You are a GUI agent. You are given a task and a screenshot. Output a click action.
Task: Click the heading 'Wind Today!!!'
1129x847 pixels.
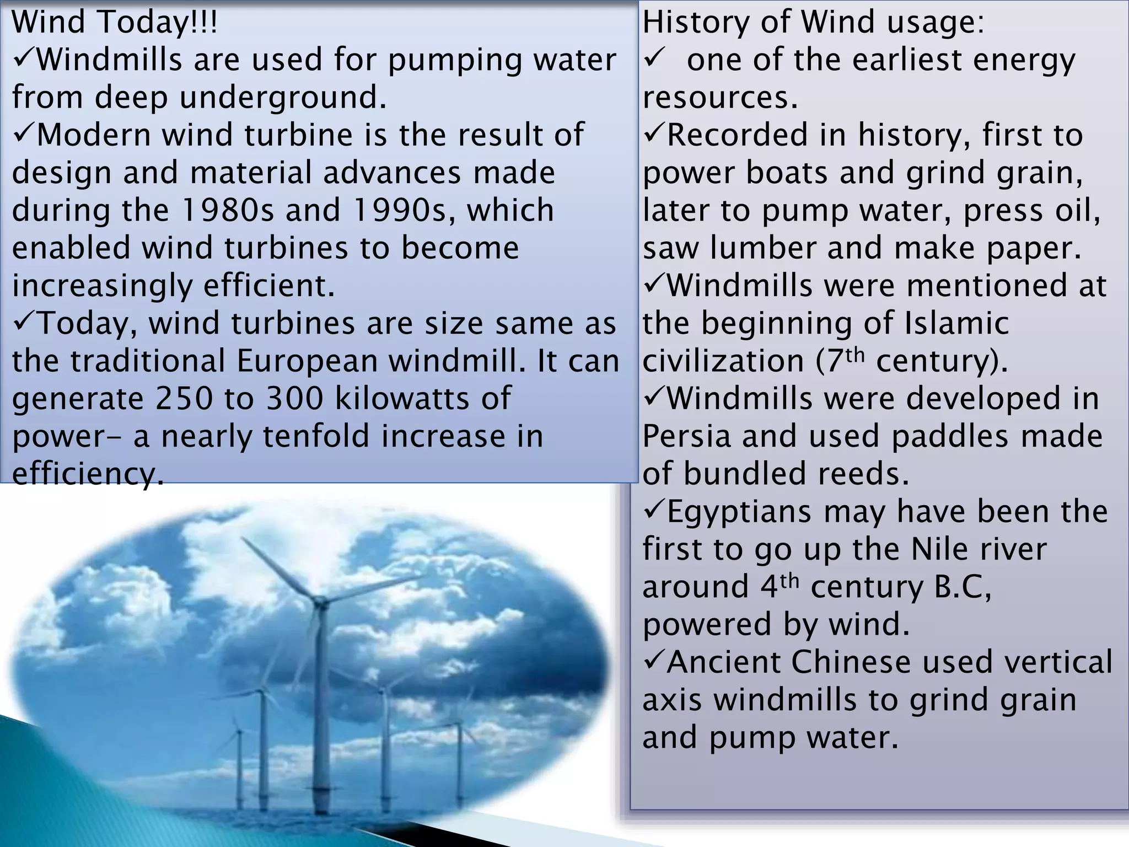tap(115, 23)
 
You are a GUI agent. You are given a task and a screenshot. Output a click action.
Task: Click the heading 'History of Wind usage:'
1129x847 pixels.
tap(813, 23)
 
